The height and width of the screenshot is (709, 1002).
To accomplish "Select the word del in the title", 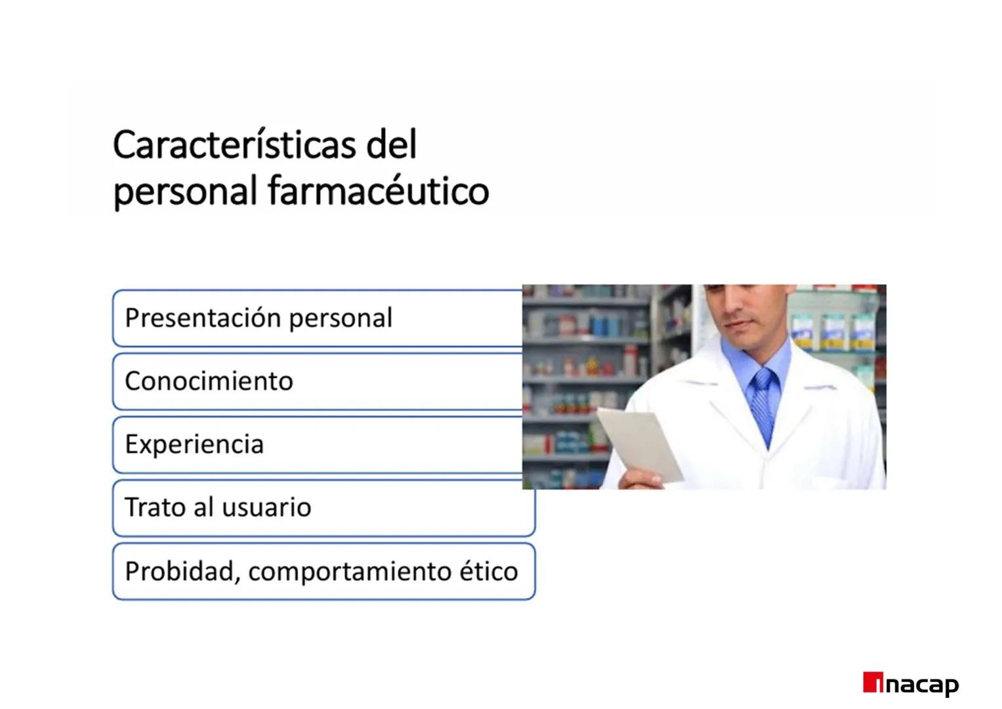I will [x=391, y=145].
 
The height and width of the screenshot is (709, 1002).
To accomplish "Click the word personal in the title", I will [x=184, y=192].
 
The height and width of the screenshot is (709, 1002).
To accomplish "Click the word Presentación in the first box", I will [x=203, y=318].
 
